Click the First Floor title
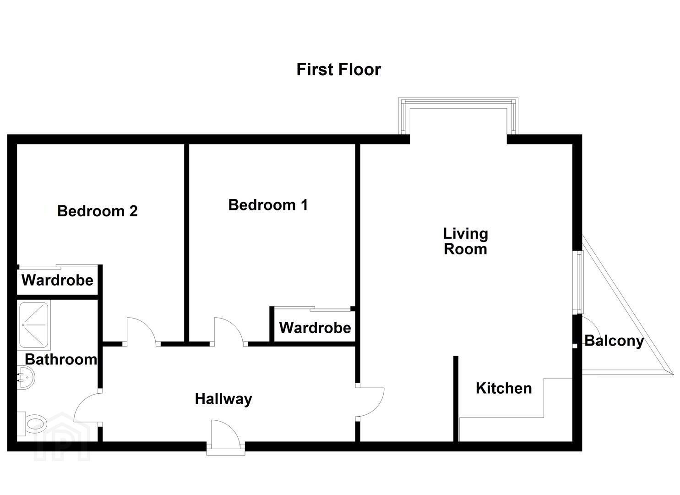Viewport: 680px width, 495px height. pyautogui.click(x=338, y=70)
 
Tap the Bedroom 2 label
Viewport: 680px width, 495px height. pyautogui.click(x=98, y=211)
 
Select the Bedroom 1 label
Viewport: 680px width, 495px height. pyautogui.click(x=268, y=205)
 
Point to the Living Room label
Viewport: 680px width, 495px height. pyautogui.click(x=465, y=242)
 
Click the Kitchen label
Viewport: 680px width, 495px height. pyautogui.click(x=504, y=388)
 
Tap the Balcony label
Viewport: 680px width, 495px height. pyautogui.click(x=614, y=341)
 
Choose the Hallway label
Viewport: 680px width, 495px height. pyautogui.click(x=223, y=399)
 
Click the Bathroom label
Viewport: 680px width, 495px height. pyautogui.click(x=61, y=359)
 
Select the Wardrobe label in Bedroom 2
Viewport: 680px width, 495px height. pyautogui.click(x=57, y=280)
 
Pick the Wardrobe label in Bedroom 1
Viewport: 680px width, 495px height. pyautogui.click(x=315, y=328)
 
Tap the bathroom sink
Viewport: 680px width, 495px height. pyautogui.click(x=26, y=377)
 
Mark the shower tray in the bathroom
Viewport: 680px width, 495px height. pyautogui.click(x=34, y=325)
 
